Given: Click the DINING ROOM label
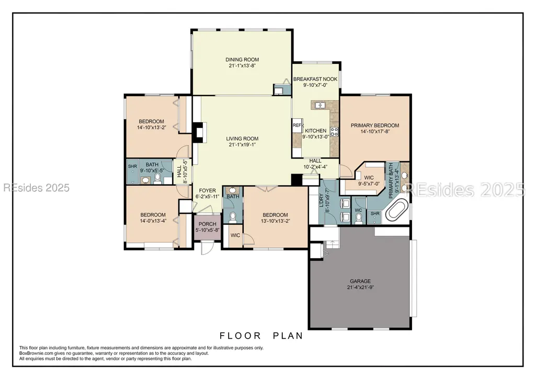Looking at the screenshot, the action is [242, 60].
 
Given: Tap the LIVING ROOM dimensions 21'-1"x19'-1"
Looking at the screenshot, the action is [242, 145].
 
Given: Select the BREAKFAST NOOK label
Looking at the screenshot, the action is [315, 79].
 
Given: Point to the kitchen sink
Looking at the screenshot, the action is [320, 105].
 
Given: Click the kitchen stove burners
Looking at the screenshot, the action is [334, 132].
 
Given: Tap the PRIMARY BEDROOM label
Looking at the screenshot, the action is [375, 125].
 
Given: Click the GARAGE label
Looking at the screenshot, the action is [360, 281].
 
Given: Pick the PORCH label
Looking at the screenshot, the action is [208, 224].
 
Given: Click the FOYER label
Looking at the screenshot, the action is [208, 190].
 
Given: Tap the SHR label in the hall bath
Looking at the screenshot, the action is [132, 166].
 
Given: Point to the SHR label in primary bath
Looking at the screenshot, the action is [375, 214].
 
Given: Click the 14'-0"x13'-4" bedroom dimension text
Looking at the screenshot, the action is [153, 221].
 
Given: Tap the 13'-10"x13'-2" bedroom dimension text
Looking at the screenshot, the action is [275, 221].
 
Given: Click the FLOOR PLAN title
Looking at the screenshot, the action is [261, 336].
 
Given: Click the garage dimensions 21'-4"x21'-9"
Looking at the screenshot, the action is [360, 288].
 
